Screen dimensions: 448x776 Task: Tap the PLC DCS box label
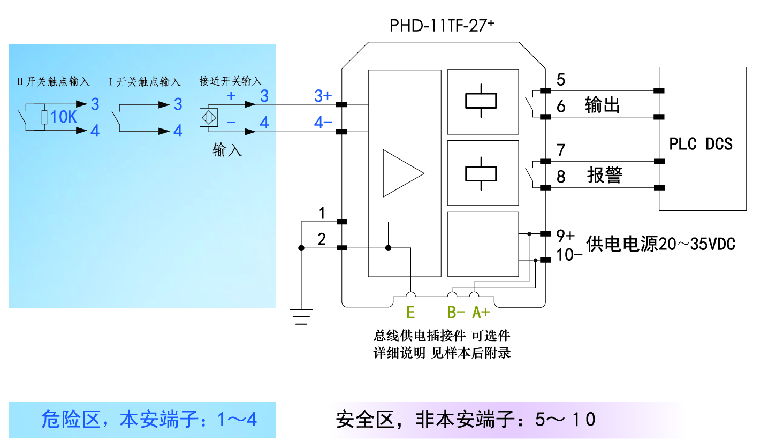tap(701, 143)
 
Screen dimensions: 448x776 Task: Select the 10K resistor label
tap(64, 117)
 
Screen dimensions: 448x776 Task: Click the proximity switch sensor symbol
tap(208, 118)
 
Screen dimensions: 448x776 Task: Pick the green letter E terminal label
tap(410, 312)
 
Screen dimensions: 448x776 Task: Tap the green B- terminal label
tap(456, 312)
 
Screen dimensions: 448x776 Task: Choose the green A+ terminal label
tap(481, 312)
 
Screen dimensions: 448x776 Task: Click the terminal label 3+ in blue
tap(323, 96)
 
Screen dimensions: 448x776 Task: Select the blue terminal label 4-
tap(323, 123)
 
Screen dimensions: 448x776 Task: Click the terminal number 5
tap(561, 80)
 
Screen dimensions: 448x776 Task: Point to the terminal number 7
tap(561, 150)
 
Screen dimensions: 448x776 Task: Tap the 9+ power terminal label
tap(565, 235)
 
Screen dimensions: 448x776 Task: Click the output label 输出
tap(603, 105)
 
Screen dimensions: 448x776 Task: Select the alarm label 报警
tap(605, 176)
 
